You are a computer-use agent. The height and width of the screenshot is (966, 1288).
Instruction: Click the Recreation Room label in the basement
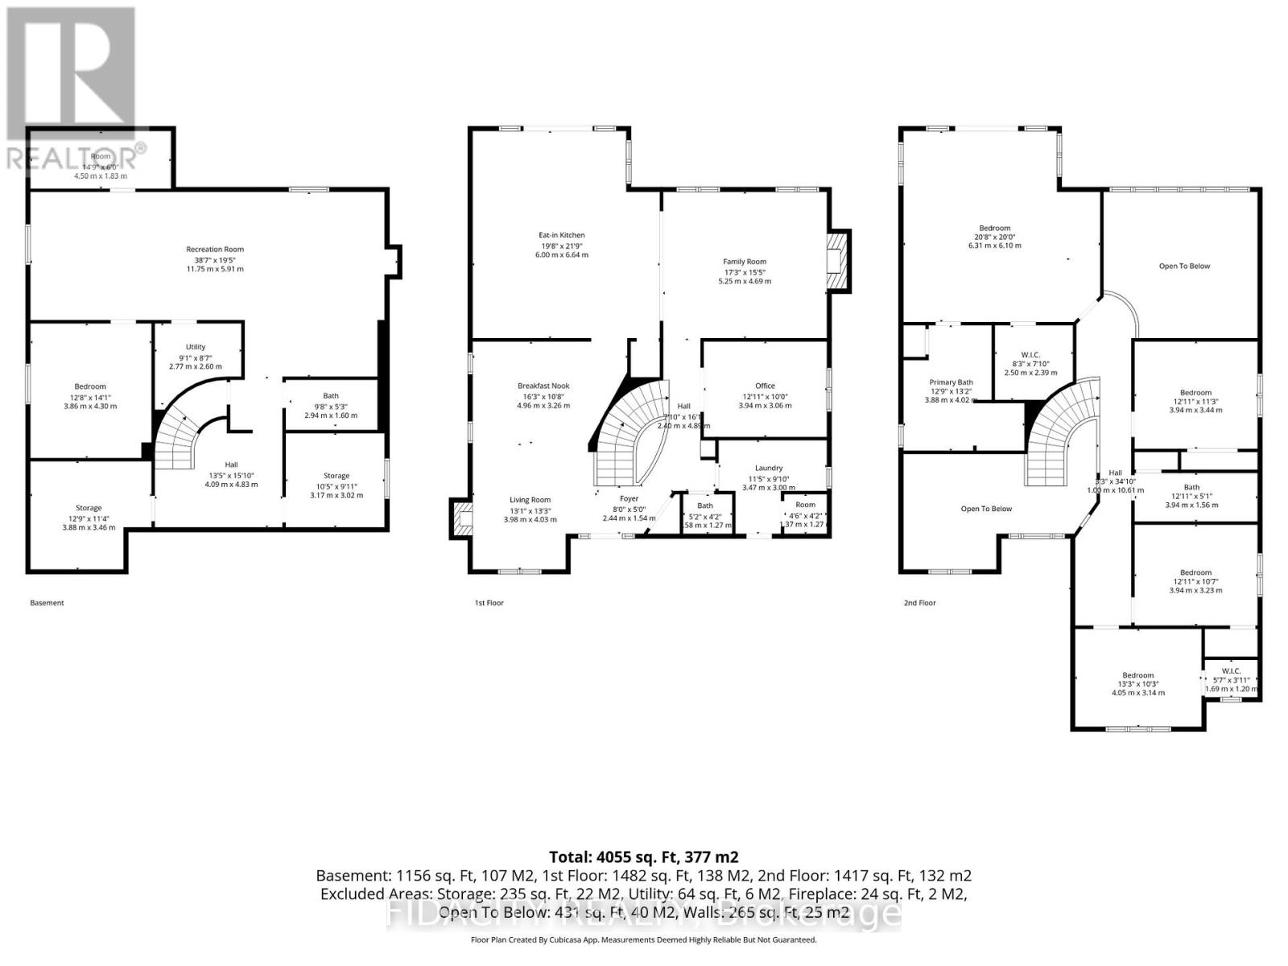point(214,250)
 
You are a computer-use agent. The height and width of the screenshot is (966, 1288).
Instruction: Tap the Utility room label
point(196,347)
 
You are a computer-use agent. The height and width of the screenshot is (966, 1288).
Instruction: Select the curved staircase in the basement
point(181,439)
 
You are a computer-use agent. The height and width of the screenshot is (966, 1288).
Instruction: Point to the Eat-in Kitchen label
point(562,235)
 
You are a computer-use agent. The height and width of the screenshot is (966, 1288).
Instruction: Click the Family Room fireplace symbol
point(837,260)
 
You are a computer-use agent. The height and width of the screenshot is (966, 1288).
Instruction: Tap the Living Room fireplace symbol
point(461,519)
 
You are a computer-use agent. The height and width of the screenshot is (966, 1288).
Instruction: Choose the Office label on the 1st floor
point(765,386)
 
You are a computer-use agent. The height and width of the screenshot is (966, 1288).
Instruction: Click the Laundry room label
point(769,468)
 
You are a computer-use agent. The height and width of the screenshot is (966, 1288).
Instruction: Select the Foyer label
point(629,498)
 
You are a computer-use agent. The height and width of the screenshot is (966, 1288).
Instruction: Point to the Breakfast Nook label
point(543,386)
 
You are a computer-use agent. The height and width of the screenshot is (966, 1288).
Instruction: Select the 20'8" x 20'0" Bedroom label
point(995,229)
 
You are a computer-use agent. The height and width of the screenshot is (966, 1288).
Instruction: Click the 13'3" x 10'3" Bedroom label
point(1138,675)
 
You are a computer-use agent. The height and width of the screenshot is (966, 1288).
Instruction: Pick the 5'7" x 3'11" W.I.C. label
point(1231,671)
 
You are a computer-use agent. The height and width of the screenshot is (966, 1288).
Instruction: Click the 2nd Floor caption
point(919,602)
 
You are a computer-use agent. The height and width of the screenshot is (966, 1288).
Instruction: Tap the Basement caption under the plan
point(47,602)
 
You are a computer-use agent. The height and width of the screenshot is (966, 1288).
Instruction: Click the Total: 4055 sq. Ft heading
point(643,857)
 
